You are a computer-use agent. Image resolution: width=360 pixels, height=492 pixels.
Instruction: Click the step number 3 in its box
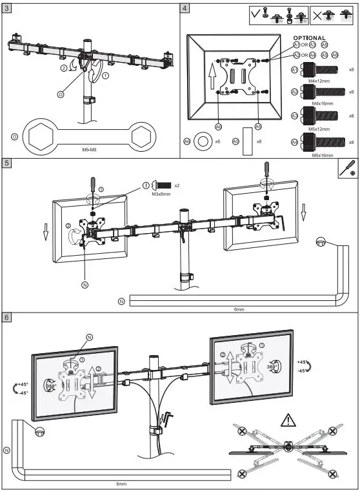pyautogui.click(x=6, y=8)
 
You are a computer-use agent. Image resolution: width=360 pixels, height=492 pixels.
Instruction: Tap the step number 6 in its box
pyautogui.click(x=6, y=318)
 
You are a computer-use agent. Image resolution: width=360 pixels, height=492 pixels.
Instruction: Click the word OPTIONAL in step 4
pyautogui.click(x=310, y=38)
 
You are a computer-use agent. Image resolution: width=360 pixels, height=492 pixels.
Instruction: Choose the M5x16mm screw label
pyautogui.click(x=322, y=155)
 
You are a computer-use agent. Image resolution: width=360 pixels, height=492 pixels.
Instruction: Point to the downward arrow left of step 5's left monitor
pyautogui.click(x=46, y=231)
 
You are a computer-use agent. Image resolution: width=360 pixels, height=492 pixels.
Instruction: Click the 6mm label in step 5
pyautogui.click(x=239, y=309)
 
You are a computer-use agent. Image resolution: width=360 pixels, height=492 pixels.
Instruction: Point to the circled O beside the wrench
pyautogui.click(x=14, y=136)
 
